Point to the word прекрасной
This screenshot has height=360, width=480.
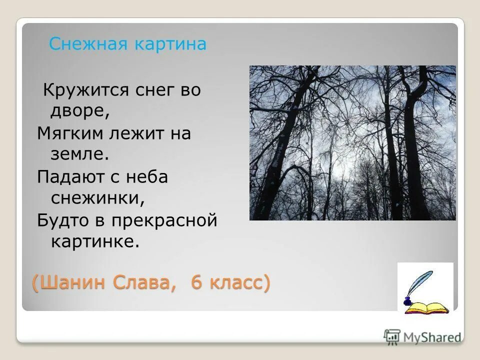click(164, 220)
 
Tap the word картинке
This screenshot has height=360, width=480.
click(94, 242)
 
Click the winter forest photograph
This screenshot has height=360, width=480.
click(352, 143)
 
